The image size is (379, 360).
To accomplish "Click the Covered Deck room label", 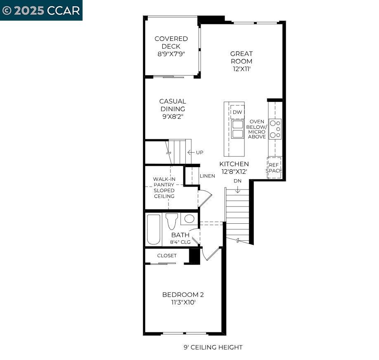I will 171,46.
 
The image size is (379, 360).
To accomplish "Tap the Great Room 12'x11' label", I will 242,61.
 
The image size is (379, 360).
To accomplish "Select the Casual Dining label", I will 173,109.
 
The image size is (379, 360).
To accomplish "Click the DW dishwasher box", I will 237,112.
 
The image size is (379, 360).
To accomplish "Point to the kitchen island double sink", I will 237,129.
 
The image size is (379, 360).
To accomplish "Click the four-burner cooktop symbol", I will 275,129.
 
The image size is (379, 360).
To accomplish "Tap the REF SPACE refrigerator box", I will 274,168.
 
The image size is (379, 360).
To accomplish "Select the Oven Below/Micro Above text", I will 257,129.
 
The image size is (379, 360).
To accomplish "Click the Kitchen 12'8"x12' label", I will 234,167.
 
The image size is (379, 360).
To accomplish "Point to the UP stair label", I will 199,152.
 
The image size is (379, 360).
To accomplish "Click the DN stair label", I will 237,181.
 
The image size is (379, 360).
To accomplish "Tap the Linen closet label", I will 207,176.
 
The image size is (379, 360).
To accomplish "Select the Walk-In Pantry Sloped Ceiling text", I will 164,187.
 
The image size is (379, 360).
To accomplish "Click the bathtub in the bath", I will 154,229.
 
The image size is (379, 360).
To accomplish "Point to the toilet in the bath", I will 172,221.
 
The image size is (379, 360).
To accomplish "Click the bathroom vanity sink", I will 189,219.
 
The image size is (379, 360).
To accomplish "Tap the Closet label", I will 167,256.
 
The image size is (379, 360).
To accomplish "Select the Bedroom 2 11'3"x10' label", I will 183,298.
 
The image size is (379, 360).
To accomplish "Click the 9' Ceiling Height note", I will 213,347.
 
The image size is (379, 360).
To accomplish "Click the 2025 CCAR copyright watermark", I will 41,10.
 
